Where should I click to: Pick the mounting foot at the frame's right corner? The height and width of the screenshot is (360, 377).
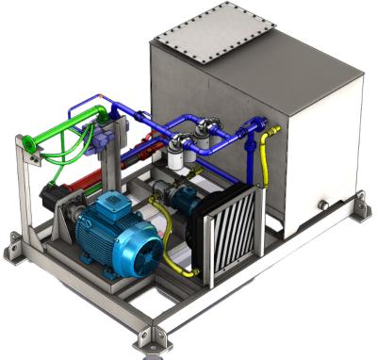[x=358, y=201]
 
